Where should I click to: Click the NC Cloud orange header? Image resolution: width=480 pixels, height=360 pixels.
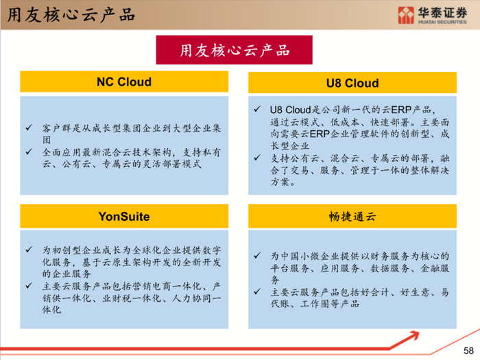[x=124, y=82]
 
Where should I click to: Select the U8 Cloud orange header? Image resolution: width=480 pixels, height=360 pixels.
[x=352, y=83]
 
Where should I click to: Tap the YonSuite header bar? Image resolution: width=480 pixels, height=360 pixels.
[x=124, y=217]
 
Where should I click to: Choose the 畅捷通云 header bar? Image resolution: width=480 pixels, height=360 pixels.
[x=352, y=217]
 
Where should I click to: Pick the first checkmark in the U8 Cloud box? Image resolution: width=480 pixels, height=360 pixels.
[x=256, y=109]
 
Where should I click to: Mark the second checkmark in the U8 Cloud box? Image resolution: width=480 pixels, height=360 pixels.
[x=256, y=158]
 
